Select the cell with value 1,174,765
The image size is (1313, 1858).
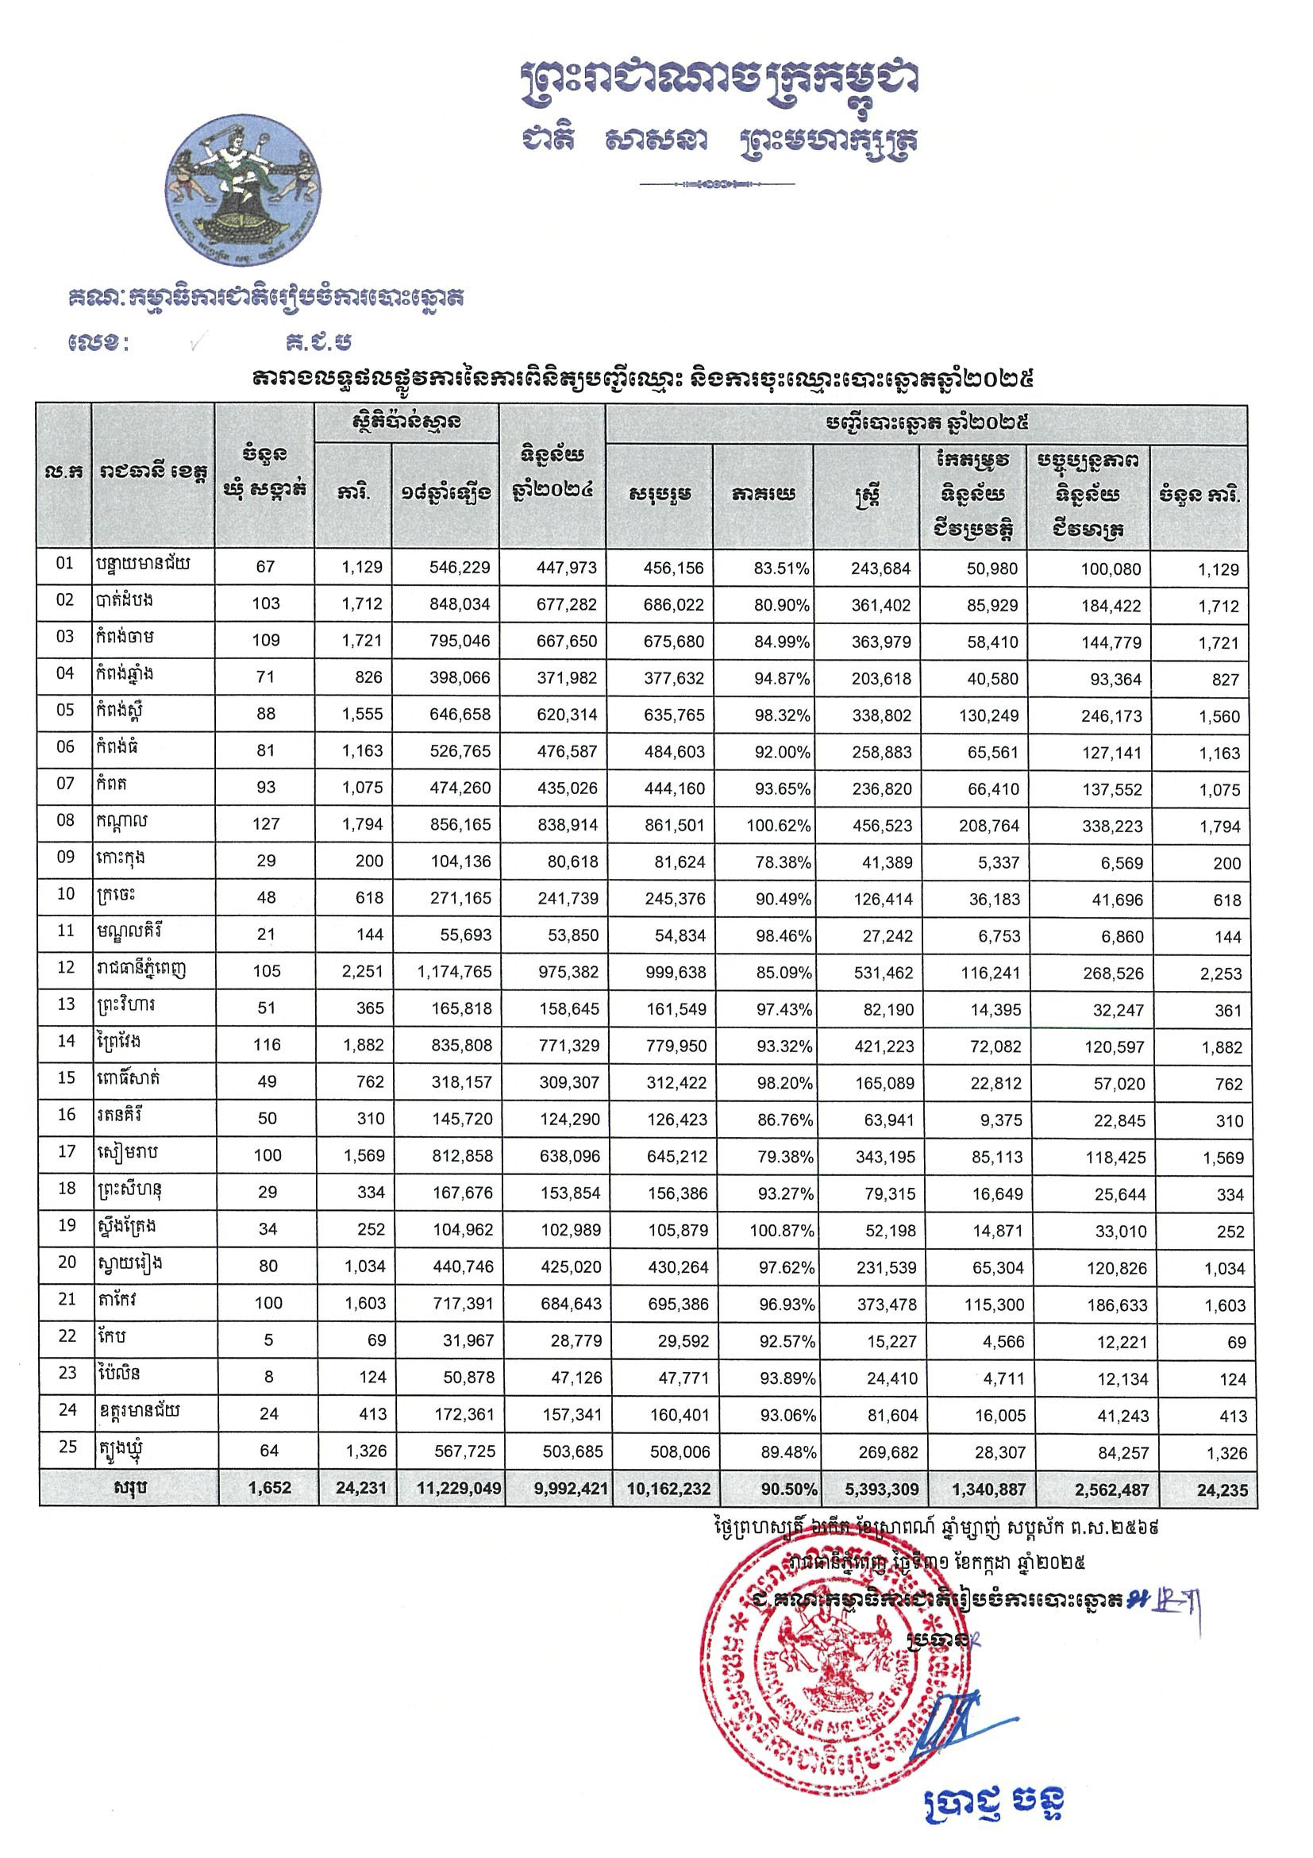[455, 972]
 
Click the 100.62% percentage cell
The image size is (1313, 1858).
[776, 826]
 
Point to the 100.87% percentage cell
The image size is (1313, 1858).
[776, 1231]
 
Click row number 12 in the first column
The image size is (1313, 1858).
[67, 967]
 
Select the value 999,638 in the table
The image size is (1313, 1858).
[671, 972]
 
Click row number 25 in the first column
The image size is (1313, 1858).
[67, 1446]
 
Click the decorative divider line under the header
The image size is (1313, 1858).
[717, 183]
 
